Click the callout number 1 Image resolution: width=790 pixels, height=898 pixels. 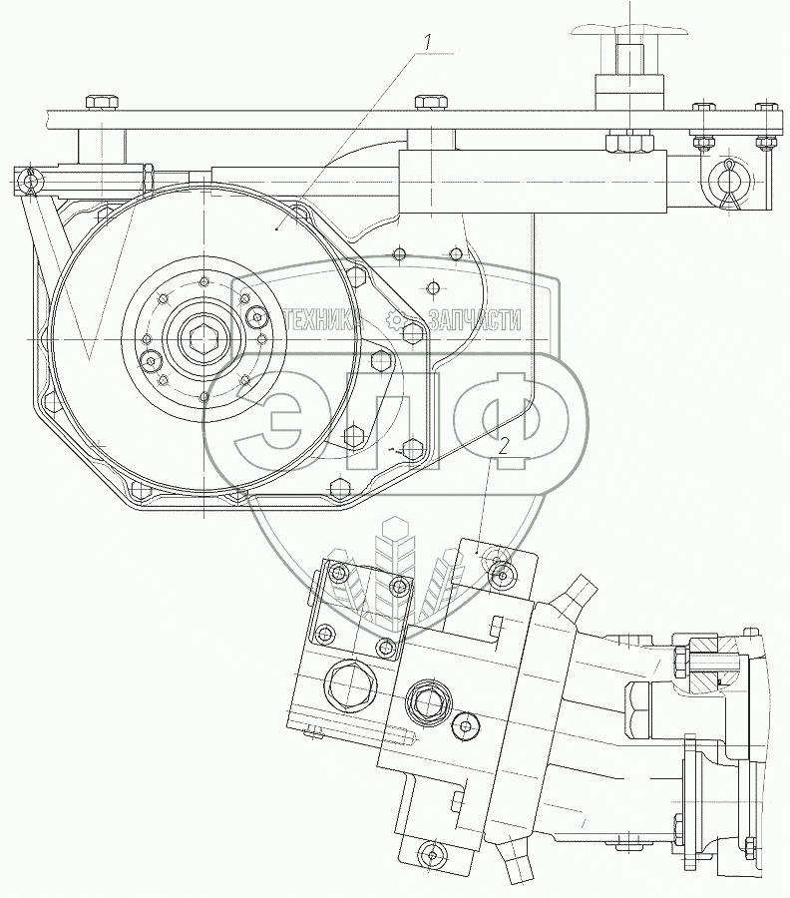pos(427,42)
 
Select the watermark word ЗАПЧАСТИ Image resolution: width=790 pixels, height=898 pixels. pos(474,319)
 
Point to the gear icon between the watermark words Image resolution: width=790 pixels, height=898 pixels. pos(396,319)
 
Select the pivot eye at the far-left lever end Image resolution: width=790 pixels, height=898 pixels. pos(32,181)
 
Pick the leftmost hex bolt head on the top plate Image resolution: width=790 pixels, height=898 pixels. pos(101,103)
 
